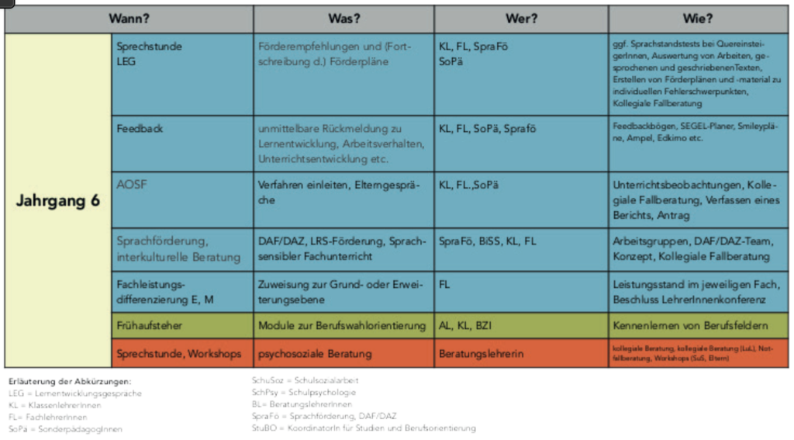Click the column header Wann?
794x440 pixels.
(129, 19)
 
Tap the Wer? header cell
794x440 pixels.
(520, 19)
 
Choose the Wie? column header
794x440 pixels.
(698, 19)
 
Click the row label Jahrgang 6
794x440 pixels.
(58, 200)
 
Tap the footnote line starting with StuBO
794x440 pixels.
(364, 428)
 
